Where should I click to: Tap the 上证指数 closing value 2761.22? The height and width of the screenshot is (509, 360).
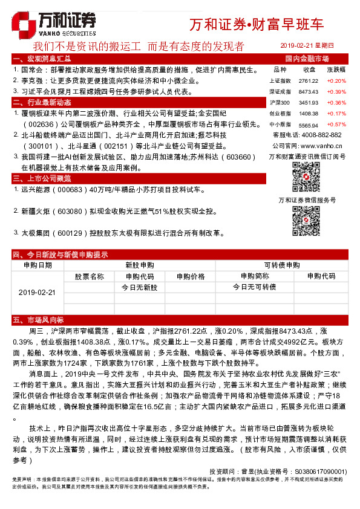coord(309,80)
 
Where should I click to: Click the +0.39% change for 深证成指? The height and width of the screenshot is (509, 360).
coord(336,91)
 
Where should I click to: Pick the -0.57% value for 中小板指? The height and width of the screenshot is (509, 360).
coord(336,124)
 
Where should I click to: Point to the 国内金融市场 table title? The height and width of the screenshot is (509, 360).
coord(307,59)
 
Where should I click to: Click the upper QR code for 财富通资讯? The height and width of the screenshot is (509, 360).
coord(306,177)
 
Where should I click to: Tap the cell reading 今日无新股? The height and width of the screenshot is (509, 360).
coord(139,287)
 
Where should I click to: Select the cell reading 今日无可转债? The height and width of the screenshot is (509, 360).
coord(255,287)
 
